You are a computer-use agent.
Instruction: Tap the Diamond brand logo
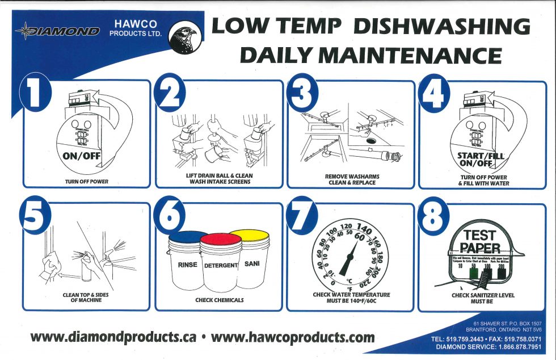point(58,31)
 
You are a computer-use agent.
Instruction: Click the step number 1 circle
point(35,94)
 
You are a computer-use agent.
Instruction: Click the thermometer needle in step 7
point(347,261)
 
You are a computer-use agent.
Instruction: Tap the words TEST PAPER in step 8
point(479,241)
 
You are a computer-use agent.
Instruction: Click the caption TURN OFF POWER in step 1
point(86,182)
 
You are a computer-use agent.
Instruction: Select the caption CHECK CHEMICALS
point(220,300)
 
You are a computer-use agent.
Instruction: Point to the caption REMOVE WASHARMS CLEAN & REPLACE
point(351,179)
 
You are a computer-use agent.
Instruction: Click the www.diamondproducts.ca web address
point(113,337)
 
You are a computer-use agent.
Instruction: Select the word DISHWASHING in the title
point(443,27)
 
